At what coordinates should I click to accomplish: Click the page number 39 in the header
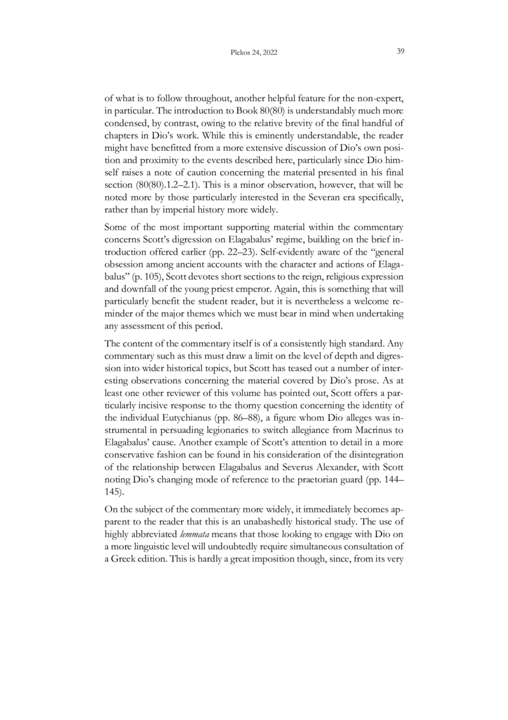pos(401,52)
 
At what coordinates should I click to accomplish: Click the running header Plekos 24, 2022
pos(253,52)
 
